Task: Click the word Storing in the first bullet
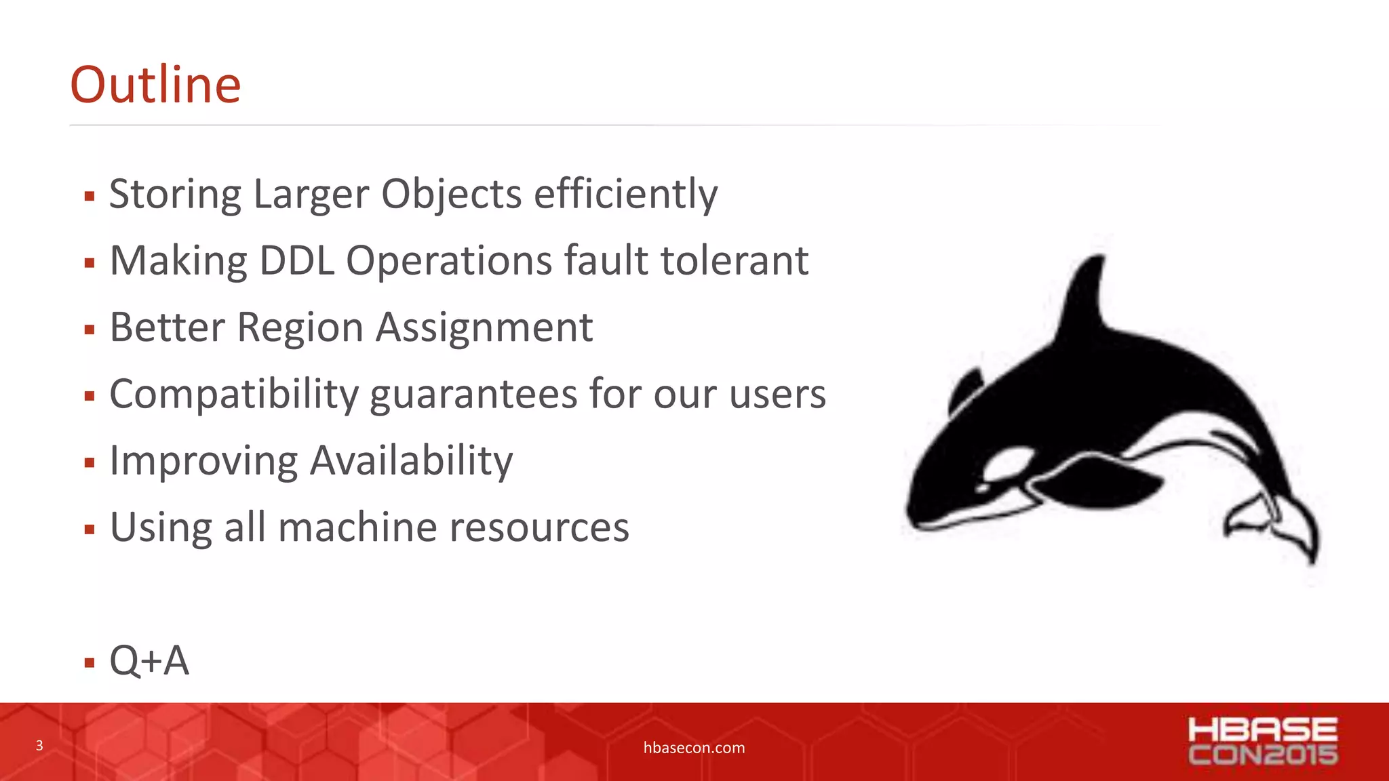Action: [175, 195]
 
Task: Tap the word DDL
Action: [297, 261]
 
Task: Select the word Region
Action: [300, 328]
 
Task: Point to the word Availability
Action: [412, 461]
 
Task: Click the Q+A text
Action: [149, 660]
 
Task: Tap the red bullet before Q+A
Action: [90, 662]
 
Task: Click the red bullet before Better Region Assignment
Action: [90, 330]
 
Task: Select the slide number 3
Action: [39, 746]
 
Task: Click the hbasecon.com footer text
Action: [694, 748]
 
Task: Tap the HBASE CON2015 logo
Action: [1262, 741]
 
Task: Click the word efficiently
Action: [625, 195]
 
